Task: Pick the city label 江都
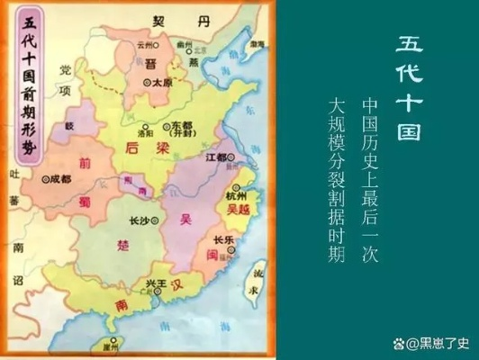coord(215,156)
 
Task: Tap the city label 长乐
coord(224,239)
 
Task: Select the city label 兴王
coord(157,284)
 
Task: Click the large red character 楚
coord(122,243)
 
